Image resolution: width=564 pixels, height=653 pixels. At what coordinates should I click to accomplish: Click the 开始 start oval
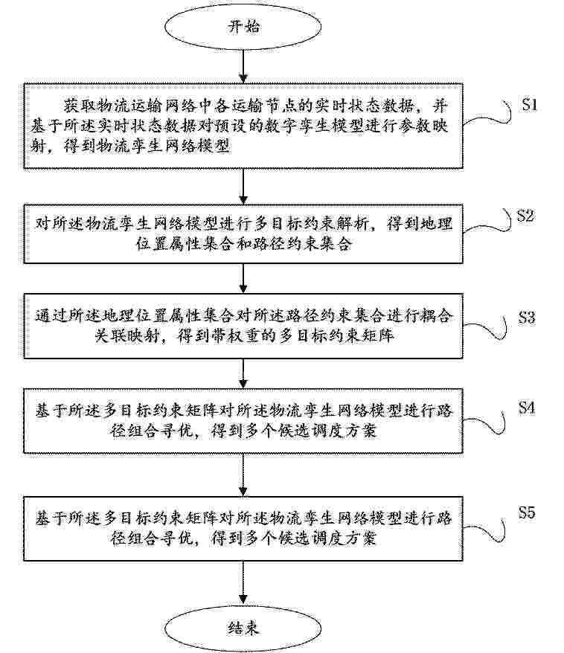click(243, 26)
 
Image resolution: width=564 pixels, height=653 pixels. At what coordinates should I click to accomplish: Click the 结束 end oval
click(243, 627)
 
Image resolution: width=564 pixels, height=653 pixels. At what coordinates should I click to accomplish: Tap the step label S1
click(530, 105)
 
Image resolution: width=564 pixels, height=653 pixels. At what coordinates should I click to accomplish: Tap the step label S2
click(525, 216)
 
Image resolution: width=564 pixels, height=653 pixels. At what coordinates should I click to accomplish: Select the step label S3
click(527, 318)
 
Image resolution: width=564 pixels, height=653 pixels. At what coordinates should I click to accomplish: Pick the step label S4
click(527, 408)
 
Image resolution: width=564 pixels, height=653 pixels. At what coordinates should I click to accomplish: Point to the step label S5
click(527, 512)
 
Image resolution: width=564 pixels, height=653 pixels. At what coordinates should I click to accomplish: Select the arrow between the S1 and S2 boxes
click(243, 186)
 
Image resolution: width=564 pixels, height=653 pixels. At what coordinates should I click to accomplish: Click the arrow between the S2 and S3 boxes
click(243, 278)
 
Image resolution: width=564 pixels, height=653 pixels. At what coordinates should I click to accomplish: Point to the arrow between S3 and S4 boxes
click(243, 373)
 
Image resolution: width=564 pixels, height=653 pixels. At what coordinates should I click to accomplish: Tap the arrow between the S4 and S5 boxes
click(243, 475)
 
